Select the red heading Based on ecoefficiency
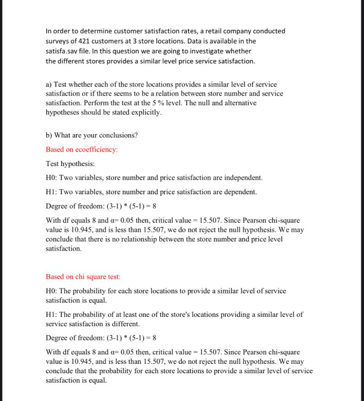coord(82,150)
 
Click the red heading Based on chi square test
coord(83,277)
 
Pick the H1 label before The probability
coord(51,314)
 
